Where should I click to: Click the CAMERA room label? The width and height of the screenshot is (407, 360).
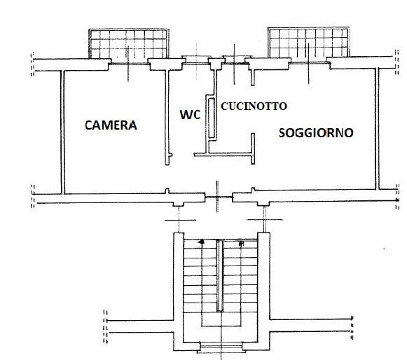pos(111,125)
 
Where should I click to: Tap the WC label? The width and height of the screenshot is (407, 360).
pos(191,114)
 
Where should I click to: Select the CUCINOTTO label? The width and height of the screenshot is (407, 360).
pos(254,106)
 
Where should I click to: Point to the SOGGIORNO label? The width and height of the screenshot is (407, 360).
pos(316,132)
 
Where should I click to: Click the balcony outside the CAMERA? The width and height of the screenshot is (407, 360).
pos(129,43)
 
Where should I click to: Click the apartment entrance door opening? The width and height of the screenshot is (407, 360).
pos(219,198)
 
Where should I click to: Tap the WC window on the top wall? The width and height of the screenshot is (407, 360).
pos(196,60)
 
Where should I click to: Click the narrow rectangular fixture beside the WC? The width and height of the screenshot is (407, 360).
pos(212,118)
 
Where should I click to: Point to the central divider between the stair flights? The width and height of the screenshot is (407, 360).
pos(220,276)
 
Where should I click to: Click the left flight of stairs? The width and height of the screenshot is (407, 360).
pos(200,276)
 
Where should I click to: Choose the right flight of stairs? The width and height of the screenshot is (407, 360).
pos(240,276)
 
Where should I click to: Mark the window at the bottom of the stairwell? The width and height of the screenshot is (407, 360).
pos(221,347)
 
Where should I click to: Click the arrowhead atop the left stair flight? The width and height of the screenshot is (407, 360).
pos(201,242)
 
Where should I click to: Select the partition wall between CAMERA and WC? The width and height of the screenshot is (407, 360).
pos(167,118)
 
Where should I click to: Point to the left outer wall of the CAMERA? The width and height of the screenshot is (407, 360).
pos(62,132)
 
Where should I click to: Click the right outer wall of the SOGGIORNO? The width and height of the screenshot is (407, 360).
pos(377,129)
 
